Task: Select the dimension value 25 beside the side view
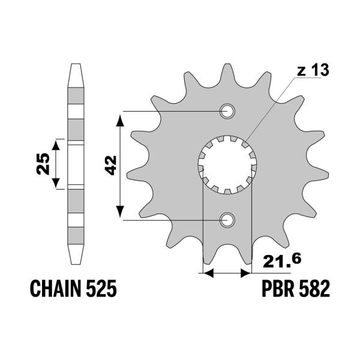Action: click(x=42, y=163)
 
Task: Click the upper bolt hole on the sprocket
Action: click(x=227, y=111)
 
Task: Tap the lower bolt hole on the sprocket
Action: click(x=227, y=220)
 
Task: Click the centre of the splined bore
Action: click(x=227, y=165)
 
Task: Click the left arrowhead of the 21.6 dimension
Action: click(x=208, y=274)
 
